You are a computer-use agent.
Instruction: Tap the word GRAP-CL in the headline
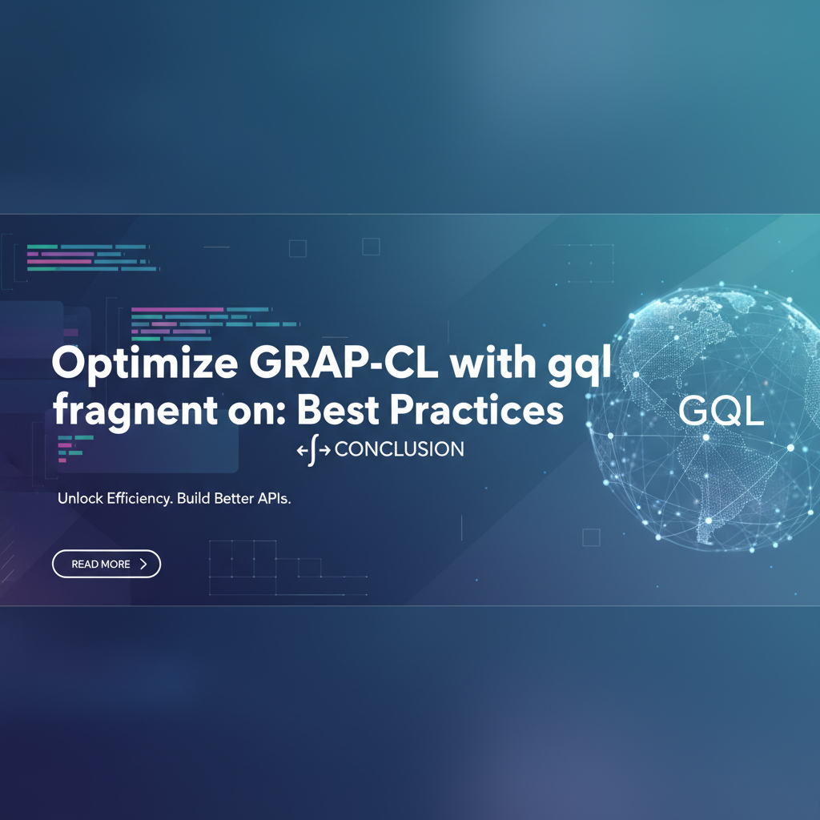coord(344,363)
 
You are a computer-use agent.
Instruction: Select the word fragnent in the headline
coord(135,412)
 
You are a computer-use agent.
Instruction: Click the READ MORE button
coord(107,564)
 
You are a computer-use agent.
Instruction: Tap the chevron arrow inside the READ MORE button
coord(143,564)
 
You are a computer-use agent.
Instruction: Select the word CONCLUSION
coord(399,449)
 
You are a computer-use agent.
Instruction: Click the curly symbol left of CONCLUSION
coord(313,450)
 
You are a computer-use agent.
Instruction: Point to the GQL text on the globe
coord(722,411)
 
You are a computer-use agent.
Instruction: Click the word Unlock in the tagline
coord(80,498)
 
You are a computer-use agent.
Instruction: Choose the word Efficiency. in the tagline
coord(139,499)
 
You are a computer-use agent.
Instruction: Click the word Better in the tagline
coord(234,498)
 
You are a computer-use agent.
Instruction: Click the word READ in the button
coord(85,564)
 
